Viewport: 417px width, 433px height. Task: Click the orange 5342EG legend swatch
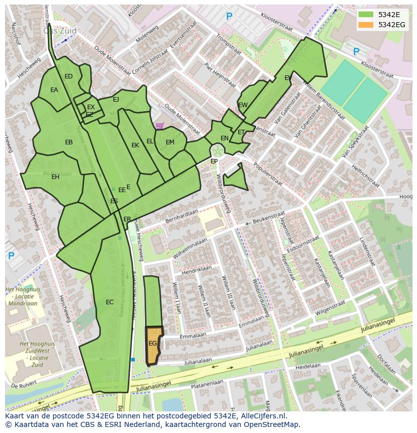(366, 25)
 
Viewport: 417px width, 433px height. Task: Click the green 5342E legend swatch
(366, 15)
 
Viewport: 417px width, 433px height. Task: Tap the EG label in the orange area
(153, 343)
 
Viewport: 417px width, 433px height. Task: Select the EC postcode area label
(110, 302)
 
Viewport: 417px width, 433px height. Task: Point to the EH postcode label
(55, 177)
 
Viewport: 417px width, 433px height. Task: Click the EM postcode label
(170, 142)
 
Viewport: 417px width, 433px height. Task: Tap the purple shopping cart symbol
(160, 126)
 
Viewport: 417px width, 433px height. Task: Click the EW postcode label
(243, 105)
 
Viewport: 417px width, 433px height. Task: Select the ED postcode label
(68, 76)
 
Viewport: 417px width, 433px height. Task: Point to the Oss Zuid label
(60, 31)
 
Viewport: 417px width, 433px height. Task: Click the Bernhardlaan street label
(179, 217)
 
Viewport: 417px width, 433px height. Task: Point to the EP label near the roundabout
(214, 161)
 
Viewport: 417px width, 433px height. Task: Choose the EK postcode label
(135, 145)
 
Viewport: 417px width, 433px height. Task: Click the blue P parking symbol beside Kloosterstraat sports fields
(356, 51)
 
